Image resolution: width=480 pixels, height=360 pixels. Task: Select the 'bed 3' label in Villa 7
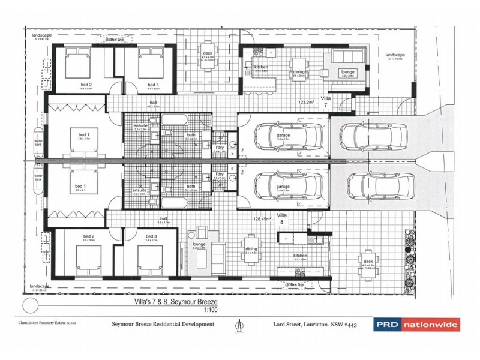click(x=152, y=85)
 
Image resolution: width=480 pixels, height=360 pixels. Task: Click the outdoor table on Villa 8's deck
click(x=366, y=265)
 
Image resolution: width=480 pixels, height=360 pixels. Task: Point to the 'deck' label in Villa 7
click(x=208, y=53)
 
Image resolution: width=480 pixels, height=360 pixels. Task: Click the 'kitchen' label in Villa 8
click(x=300, y=256)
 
